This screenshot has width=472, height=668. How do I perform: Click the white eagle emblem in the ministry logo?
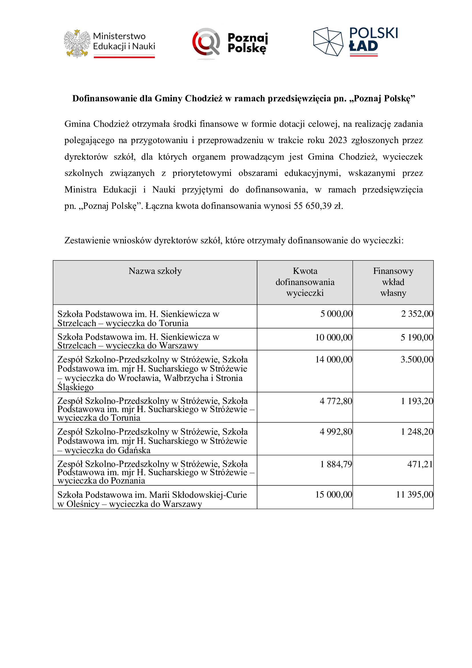click(77, 44)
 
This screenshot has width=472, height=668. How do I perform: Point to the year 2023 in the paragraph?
click(338, 140)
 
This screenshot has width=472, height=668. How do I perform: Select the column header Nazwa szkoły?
click(155, 271)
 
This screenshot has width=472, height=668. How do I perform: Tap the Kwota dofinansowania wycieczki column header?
click(305, 282)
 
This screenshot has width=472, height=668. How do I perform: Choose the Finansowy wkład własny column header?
click(393, 282)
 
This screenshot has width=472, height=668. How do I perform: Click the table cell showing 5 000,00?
click(336, 314)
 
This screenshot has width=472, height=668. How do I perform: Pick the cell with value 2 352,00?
click(417, 314)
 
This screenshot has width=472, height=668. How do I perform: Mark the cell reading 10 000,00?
click(334, 338)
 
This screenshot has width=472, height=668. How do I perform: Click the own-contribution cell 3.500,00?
click(417, 360)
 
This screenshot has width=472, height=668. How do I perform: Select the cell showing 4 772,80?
click(336, 401)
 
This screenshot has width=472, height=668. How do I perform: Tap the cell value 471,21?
click(420, 464)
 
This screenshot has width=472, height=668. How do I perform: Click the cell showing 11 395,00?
click(415, 495)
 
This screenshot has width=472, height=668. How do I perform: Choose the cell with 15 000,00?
click(334, 495)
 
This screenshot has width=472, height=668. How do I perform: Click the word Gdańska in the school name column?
click(134, 450)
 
